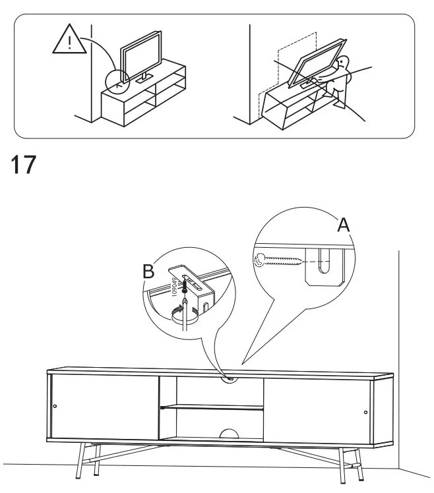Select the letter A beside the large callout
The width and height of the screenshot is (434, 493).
(x=344, y=225)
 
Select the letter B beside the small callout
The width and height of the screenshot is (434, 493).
(x=149, y=271)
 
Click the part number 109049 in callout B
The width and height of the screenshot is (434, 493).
(x=177, y=288)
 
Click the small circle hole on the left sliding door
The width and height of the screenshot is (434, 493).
(x=55, y=405)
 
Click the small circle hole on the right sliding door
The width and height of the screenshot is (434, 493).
(x=366, y=413)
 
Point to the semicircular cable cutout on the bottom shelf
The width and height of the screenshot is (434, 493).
(x=229, y=434)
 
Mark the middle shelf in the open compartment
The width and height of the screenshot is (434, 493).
(x=211, y=408)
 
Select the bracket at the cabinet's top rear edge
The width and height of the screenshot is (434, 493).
(x=230, y=378)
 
